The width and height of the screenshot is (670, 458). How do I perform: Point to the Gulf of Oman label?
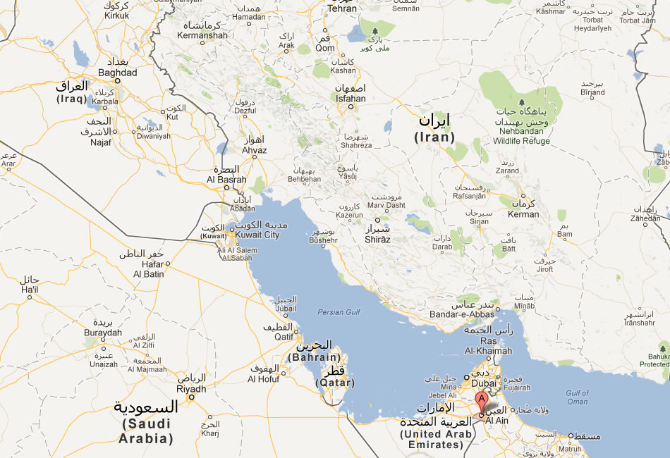pos(577,397)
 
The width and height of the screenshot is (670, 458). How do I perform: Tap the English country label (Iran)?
pos(434,137)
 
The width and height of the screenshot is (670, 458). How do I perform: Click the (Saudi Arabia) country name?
pos(147,431)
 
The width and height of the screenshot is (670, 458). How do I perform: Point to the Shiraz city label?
pos(378,240)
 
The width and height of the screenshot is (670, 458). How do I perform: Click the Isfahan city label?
pos(351,99)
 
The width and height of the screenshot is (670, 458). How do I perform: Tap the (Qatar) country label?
pos(335,383)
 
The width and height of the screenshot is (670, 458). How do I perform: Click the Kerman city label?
pos(523,214)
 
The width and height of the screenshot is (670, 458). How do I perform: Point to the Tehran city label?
pos(343,8)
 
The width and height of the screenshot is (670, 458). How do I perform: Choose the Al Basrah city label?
pos(225,179)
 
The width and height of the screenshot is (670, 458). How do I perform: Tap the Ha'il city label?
pos(30,290)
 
